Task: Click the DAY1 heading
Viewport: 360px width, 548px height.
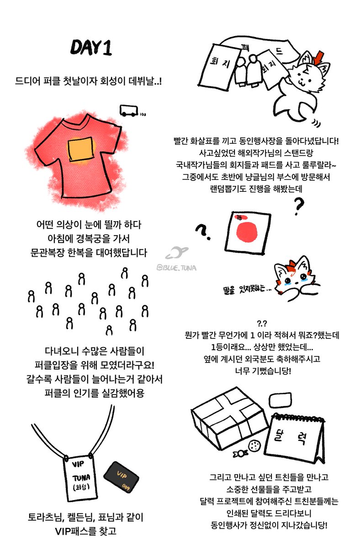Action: click(x=91, y=48)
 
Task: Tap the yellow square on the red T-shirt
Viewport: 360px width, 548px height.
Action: click(x=81, y=151)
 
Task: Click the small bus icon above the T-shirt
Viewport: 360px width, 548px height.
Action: click(x=128, y=110)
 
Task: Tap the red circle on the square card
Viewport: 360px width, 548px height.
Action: click(x=248, y=232)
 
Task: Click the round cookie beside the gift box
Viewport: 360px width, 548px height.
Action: click(x=254, y=445)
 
